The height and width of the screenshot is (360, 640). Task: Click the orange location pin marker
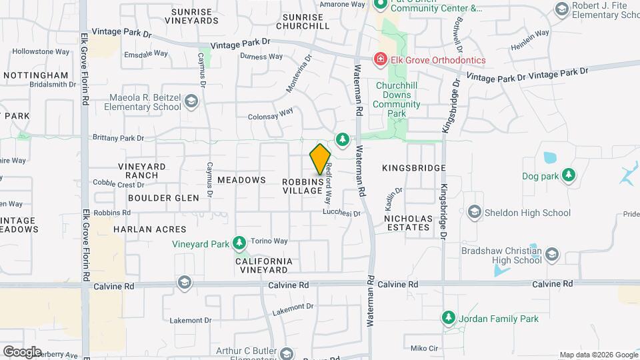(x=321, y=159)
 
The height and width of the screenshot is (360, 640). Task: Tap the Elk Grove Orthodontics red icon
(x=381, y=60)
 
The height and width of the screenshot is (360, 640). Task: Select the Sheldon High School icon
(x=475, y=213)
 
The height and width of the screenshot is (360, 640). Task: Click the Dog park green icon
(x=569, y=175)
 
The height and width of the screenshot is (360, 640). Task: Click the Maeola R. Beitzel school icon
(x=191, y=102)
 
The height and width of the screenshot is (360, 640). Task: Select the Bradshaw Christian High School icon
(x=552, y=255)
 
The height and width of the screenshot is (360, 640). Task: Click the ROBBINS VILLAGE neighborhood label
(x=303, y=186)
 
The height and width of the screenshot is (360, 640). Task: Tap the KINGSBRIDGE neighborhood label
(x=413, y=169)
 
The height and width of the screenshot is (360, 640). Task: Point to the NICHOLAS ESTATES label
(x=407, y=223)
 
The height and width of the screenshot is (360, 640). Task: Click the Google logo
(x=22, y=351)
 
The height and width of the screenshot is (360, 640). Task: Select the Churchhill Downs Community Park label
(x=397, y=99)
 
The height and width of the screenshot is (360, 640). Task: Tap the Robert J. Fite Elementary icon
(x=561, y=9)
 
